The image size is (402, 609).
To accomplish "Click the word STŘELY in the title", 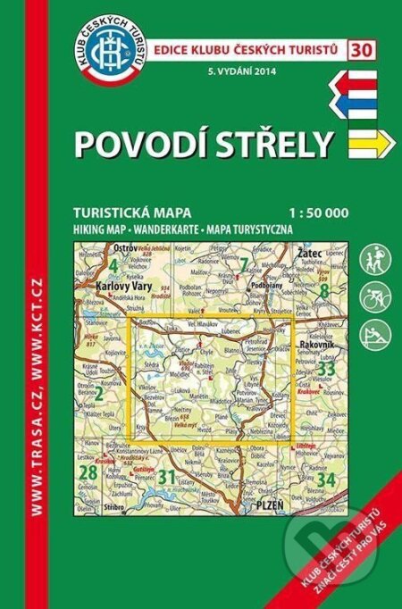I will pos(272,140).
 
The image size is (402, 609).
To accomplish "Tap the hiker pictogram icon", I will pos(374,263).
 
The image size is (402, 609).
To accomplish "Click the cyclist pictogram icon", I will pos(374,298).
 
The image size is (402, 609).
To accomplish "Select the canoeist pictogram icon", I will pos(374,335).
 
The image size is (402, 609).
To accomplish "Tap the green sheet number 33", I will pos(326,368).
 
